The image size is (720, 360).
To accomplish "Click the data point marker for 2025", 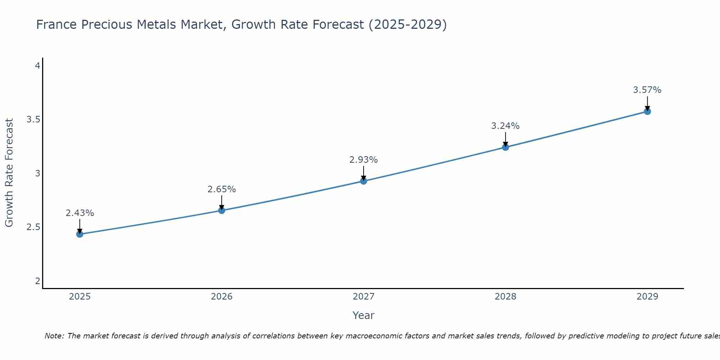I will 80,234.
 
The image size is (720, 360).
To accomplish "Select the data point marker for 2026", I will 222,210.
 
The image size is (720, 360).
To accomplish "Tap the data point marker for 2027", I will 364,181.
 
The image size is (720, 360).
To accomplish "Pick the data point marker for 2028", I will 505,147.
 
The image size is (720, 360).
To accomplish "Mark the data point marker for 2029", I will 647,111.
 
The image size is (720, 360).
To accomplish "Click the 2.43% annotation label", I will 80,213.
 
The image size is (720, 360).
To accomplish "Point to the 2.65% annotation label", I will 222,189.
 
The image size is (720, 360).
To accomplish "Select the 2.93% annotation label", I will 364,160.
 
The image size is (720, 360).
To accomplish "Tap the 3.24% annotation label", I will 505,126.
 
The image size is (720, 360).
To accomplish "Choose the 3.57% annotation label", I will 647,90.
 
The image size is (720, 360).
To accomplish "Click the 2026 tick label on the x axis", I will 222,297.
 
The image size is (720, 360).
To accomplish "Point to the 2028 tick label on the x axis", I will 505,297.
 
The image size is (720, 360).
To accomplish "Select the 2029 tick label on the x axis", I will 647,297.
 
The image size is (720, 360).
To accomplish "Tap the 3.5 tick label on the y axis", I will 33,120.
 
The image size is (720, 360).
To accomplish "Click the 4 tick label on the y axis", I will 37,66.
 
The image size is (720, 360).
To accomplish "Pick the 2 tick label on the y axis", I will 37,281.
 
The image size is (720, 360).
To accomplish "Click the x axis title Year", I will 364,315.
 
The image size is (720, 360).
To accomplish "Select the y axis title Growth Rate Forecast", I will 9,173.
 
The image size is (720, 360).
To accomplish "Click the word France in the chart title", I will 57,24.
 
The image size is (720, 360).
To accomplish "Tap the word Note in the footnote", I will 54,336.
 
